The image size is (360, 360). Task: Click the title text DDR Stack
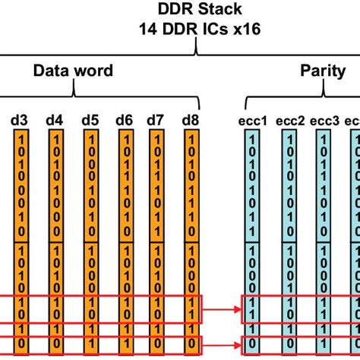coord(197,10)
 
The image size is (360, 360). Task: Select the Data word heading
coord(73,71)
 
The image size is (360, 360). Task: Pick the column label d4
coord(55,119)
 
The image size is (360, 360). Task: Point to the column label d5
coord(90,119)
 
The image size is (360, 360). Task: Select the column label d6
coord(125,119)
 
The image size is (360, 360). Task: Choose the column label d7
coord(156,119)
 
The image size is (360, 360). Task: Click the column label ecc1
coord(251,119)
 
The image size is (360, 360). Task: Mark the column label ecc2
coord(290,119)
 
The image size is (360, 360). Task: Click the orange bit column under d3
coord(21,228)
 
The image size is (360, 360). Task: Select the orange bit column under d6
coord(125,228)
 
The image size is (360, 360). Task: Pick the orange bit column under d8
coord(191,228)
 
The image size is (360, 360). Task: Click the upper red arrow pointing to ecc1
coord(222,310)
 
